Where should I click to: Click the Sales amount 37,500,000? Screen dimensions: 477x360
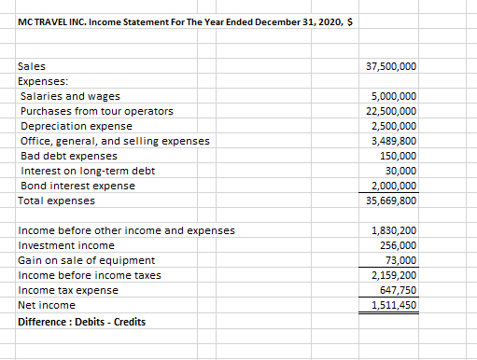pyautogui.click(x=394, y=67)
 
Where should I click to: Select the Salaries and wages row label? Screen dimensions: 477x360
pyautogui.click(x=69, y=96)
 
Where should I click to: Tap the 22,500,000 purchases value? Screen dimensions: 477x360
pyautogui.click(x=394, y=111)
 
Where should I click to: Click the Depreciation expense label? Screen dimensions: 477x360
pyautogui.click(x=76, y=126)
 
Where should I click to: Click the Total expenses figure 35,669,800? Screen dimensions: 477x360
pyautogui.click(x=394, y=201)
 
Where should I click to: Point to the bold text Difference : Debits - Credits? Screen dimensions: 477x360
pyautogui.click(x=81, y=322)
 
